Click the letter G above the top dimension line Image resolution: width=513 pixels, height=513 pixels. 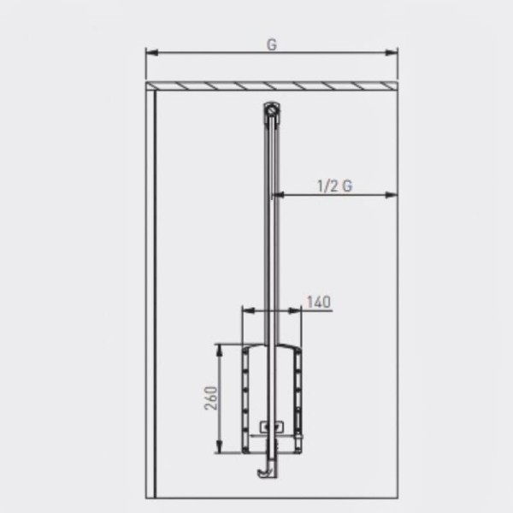[x=272, y=44]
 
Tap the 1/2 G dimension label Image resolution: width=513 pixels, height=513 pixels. [x=335, y=186]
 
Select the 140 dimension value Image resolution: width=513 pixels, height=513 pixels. [x=319, y=302]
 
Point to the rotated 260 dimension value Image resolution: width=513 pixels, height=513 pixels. [x=210, y=398]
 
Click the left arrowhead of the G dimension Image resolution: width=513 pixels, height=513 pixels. [x=152, y=52]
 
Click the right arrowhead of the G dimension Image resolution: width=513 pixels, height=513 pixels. [x=392, y=52]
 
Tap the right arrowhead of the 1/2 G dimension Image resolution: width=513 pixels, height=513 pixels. [x=392, y=195]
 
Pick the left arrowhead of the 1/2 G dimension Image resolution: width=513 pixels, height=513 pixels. [x=279, y=195]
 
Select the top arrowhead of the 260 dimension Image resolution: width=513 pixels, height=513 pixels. [x=220, y=350]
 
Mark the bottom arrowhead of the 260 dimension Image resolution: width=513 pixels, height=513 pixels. [x=220, y=447]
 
